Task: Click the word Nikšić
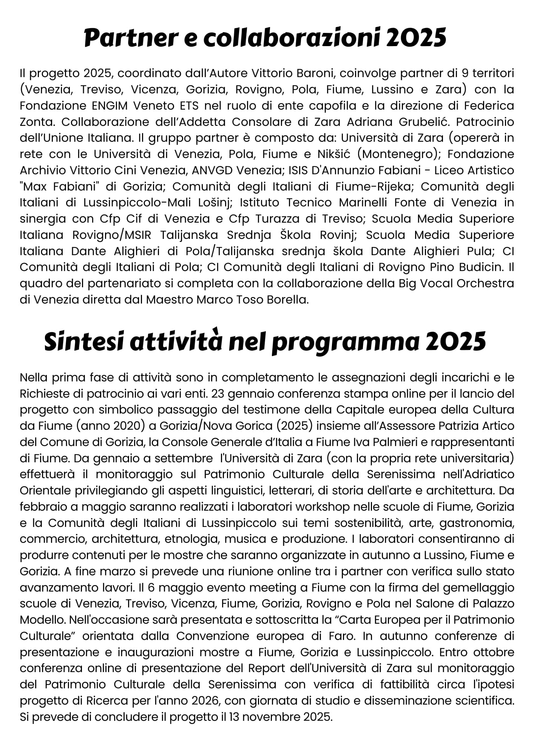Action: coord(327,154)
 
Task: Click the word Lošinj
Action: coord(214,203)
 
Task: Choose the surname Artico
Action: coord(497,426)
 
